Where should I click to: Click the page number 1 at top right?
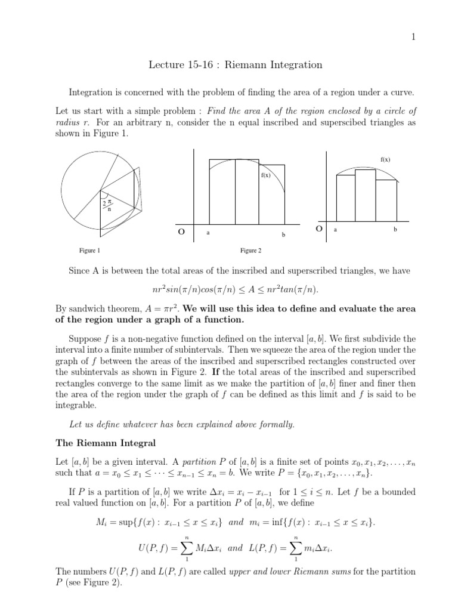click(413, 37)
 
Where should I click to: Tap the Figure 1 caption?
click(90, 251)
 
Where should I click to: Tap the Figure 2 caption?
click(252, 251)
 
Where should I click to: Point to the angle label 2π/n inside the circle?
click(109, 205)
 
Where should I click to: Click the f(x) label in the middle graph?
click(265, 175)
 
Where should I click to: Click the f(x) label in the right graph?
click(385, 159)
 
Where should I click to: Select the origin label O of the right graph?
click(319, 229)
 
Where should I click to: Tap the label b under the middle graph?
click(284, 234)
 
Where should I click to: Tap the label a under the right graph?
click(336, 229)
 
